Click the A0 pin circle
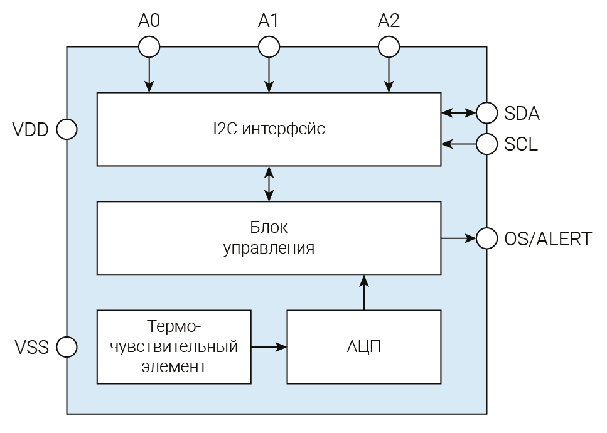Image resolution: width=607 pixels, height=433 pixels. [x=149, y=46]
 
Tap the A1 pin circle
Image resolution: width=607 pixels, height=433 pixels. [x=269, y=46]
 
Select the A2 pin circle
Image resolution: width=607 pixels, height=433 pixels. [x=389, y=46]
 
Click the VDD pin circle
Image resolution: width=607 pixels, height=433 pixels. [x=67, y=130]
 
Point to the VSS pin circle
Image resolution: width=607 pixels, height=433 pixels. [x=67, y=346]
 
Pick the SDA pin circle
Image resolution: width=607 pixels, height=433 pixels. [x=486, y=113]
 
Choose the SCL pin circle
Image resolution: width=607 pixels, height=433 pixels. [x=486, y=144]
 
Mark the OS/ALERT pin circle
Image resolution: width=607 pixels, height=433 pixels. [x=486, y=238]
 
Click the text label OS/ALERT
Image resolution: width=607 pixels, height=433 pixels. [x=547, y=239]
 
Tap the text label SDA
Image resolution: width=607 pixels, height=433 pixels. [x=522, y=114]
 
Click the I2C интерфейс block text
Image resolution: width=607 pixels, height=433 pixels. [x=269, y=130]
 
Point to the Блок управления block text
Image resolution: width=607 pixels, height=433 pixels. [x=269, y=237]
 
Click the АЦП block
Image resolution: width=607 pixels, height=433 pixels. [x=363, y=346]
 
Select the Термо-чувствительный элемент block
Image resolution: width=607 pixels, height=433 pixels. [x=174, y=346]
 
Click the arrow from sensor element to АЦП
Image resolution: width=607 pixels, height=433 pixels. [x=269, y=346]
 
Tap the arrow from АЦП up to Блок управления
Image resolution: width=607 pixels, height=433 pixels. [x=363, y=292]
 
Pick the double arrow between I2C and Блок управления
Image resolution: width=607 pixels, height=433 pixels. [x=269, y=184]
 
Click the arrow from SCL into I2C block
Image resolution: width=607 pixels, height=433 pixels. [x=459, y=144]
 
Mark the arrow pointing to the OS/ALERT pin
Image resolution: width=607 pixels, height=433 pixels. [x=459, y=238]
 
